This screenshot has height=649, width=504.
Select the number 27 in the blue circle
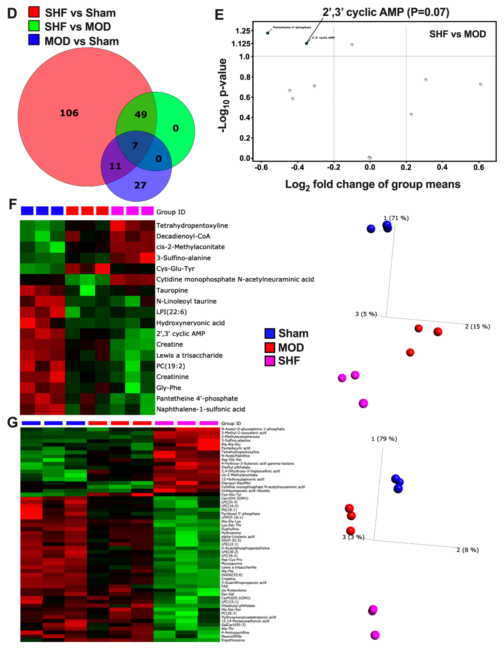140,185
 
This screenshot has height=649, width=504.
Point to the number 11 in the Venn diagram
115,166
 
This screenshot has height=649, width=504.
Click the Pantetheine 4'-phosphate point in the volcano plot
268,33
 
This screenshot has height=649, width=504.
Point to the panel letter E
219,15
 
